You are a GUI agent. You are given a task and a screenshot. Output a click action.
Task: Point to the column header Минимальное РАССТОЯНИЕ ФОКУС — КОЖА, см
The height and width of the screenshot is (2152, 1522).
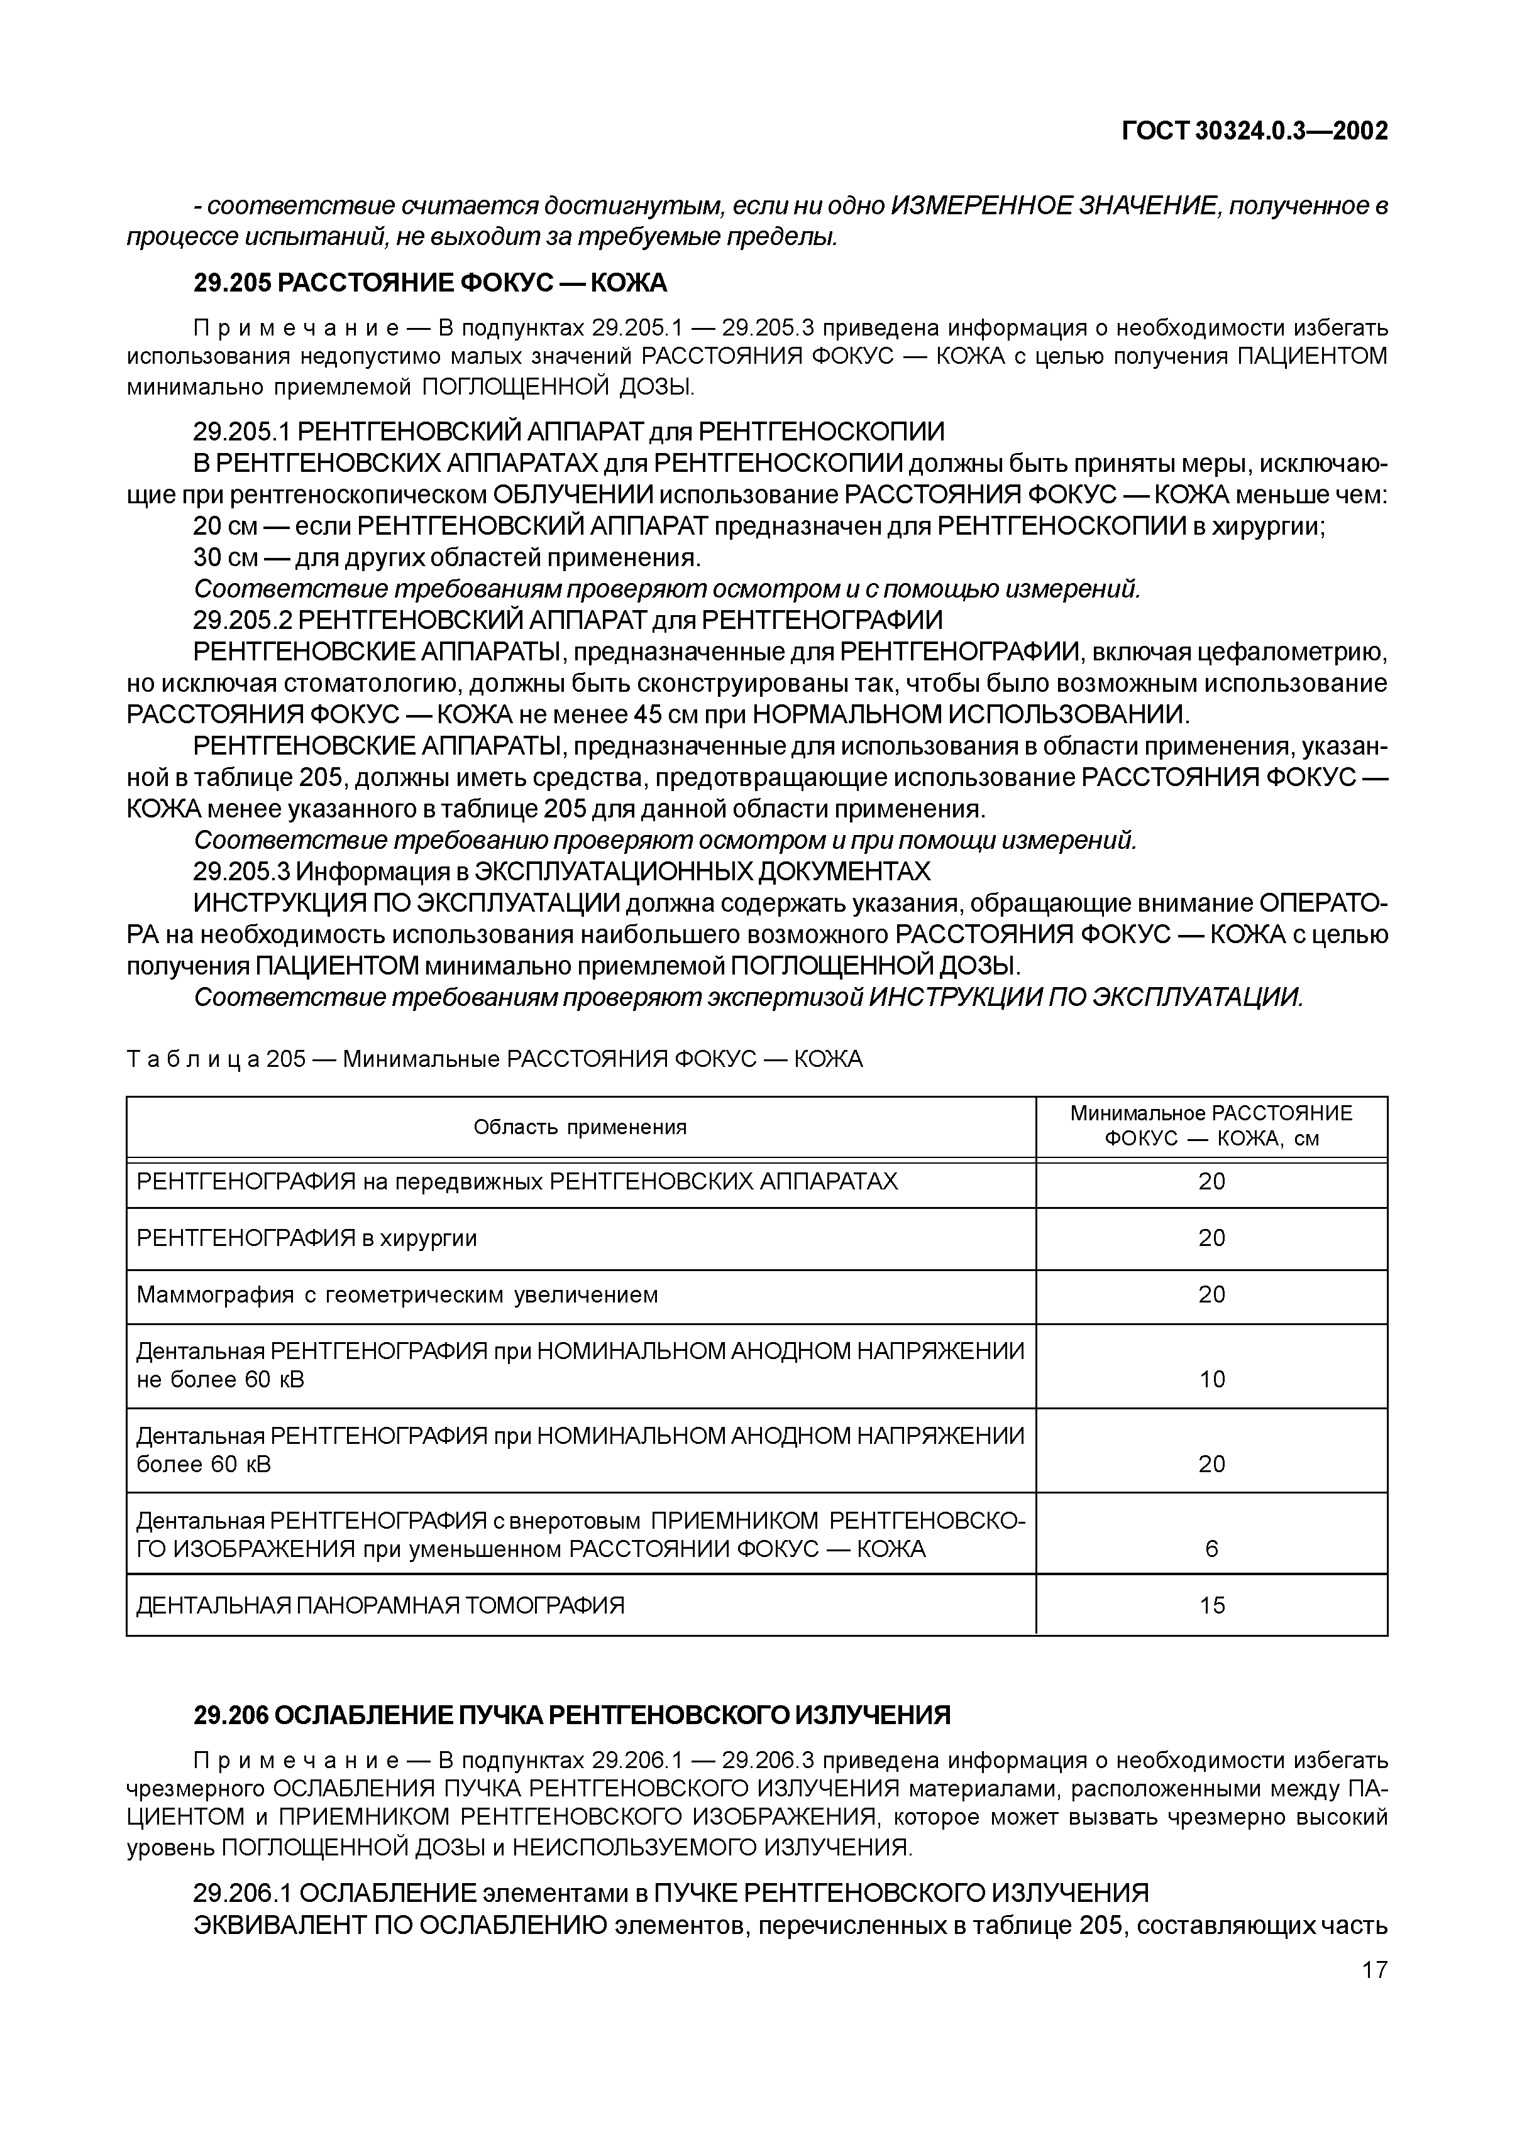pyautogui.click(x=1211, y=1126)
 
